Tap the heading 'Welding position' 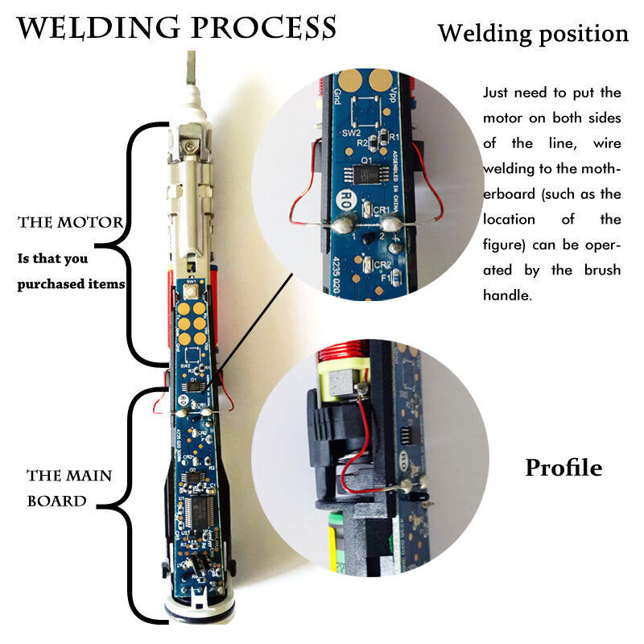point(532,34)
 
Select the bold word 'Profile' point(563,468)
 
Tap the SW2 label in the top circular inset point(352,131)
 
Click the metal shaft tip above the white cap point(191,68)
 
